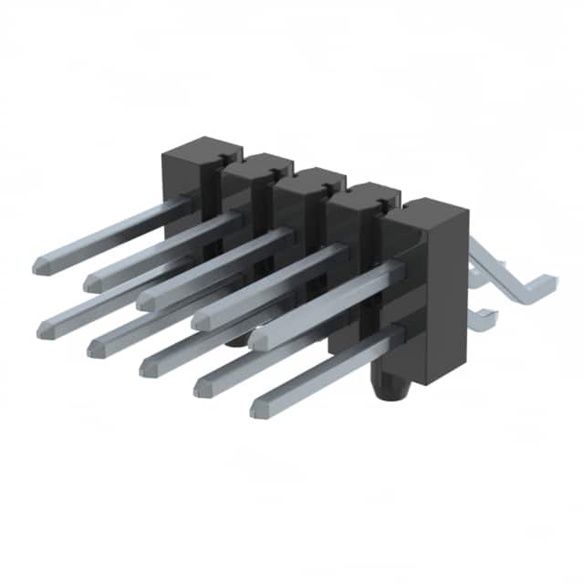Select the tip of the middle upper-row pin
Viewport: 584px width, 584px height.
click(x=145, y=301)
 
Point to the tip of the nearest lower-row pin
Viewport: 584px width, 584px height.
click(x=258, y=404)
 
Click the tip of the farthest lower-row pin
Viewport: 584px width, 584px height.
click(x=45, y=330)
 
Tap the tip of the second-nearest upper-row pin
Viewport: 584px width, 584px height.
click(x=200, y=321)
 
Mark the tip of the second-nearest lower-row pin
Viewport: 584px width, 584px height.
click(x=202, y=386)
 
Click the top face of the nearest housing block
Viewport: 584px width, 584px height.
click(x=427, y=213)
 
